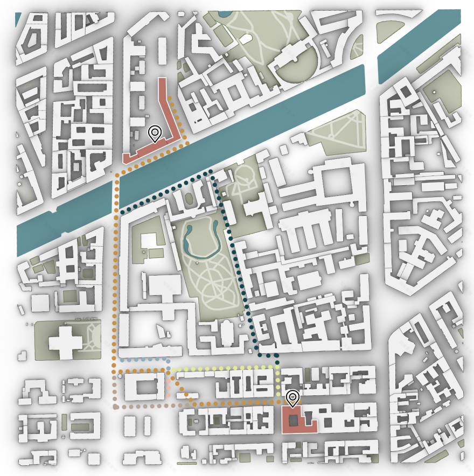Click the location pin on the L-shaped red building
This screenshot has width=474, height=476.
coord(155,132)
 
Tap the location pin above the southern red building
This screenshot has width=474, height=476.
coord(292,398)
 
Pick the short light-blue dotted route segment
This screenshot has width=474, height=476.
coord(143,359)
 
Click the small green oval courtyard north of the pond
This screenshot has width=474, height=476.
coord(189,199)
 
